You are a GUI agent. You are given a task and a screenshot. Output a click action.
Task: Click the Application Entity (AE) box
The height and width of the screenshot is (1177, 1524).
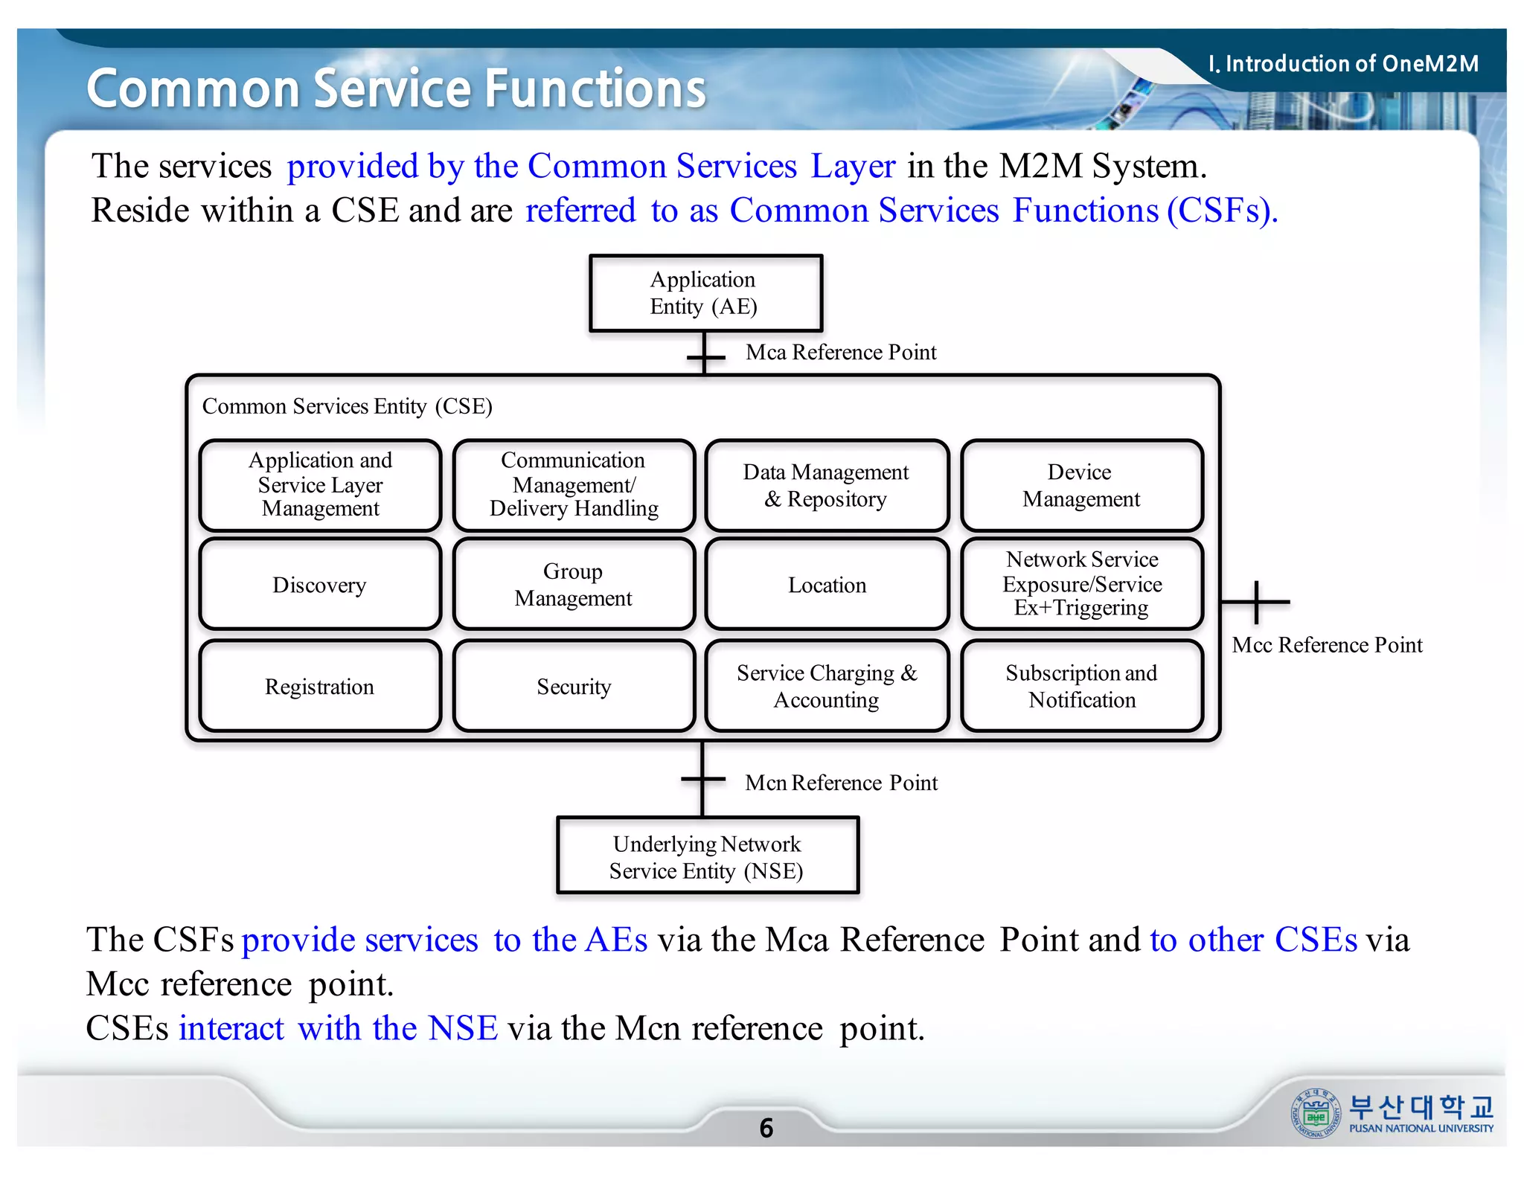pos(705,293)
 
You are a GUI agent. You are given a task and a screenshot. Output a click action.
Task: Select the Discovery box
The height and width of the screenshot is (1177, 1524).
pos(320,585)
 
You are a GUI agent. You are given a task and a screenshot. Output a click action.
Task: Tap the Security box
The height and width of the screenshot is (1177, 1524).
pos(574,686)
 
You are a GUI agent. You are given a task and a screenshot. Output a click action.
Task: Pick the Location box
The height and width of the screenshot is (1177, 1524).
pos(827,585)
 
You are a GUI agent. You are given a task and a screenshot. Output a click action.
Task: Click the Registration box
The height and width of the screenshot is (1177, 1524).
pos(320,686)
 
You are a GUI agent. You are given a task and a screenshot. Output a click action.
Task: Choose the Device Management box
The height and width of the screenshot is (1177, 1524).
pos(1081,485)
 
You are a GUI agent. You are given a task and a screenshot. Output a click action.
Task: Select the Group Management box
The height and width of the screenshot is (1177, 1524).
pos(574,585)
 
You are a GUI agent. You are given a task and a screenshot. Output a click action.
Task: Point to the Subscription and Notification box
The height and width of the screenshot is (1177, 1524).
pos(1081,686)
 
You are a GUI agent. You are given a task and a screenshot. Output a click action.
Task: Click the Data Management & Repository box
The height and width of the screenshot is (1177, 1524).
pos(827,485)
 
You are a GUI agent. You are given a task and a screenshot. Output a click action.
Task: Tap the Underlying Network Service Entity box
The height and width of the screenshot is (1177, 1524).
pos(707,856)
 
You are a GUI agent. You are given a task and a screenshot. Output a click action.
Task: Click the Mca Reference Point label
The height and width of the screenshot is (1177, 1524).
pos(841,352)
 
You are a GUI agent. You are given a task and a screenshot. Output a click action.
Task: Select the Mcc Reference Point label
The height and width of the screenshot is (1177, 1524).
pos(1327,644)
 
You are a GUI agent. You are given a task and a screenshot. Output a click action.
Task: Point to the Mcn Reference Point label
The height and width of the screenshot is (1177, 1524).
pos(841,783)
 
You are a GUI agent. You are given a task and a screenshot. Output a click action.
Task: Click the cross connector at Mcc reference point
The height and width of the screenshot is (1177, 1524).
pos(1256,602)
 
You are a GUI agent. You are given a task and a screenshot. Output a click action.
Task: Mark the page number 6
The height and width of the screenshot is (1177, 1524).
pos(766,1128)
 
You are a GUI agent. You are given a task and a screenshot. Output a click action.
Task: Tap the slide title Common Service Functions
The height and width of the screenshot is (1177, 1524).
pos(396,89)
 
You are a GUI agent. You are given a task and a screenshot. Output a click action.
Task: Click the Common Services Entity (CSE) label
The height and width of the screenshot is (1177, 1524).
pos(347,406)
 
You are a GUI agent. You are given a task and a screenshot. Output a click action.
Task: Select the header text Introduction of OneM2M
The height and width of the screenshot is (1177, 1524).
pos(1344,64)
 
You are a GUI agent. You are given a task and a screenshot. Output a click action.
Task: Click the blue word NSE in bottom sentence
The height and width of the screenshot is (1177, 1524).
pos(463,1028)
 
